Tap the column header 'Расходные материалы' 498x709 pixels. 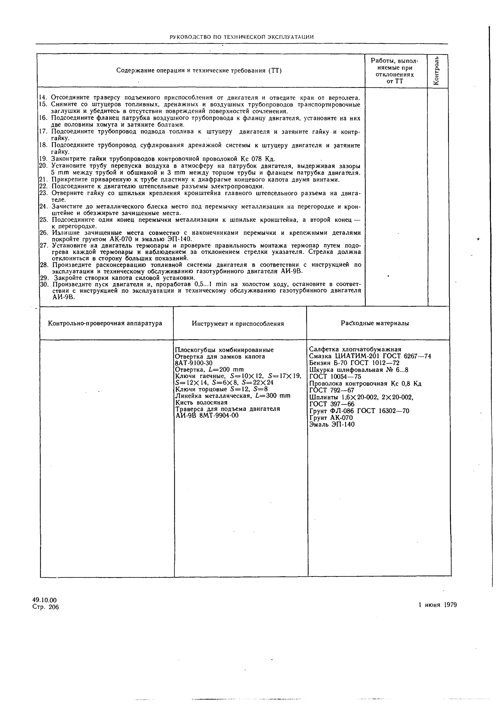tap(375, 323)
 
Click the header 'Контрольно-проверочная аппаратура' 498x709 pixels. tap(105, 323)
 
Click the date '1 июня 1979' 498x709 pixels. tap(437, 605)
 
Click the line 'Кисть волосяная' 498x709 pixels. tap(201, 402)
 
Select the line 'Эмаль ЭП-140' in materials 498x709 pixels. tap(332, 424)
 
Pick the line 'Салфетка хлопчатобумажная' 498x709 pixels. tap(355, 349)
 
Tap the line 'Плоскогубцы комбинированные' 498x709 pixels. tap(224, 350)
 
